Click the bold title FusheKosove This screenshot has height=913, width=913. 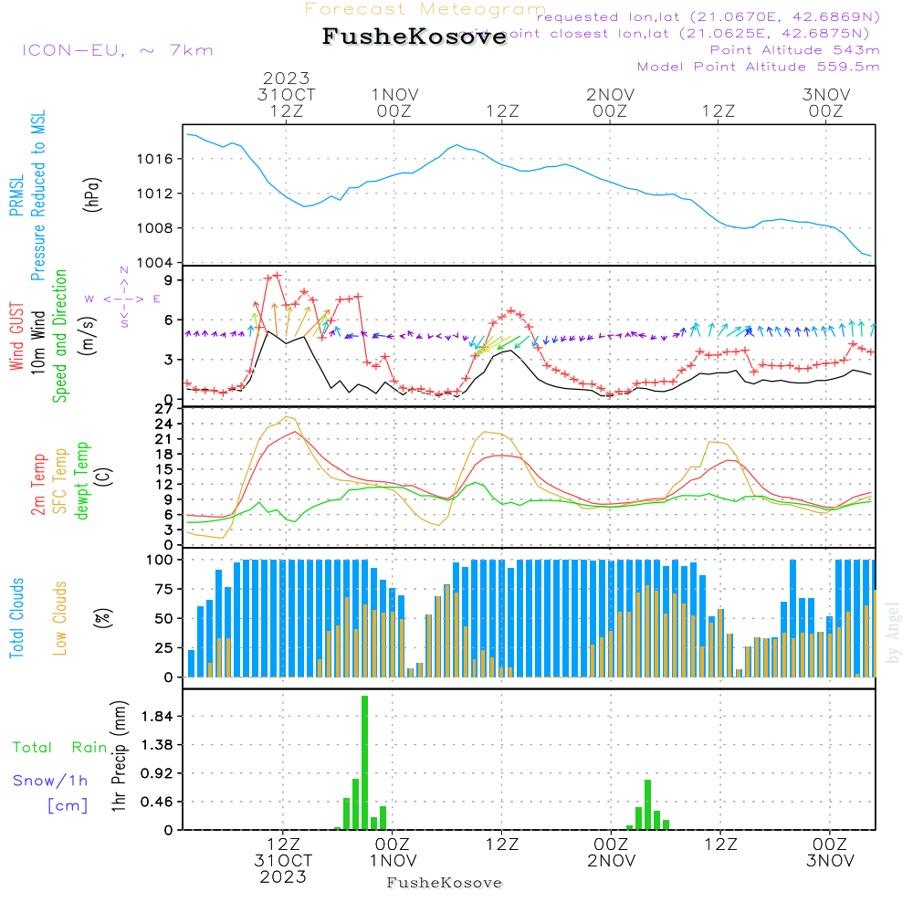413,37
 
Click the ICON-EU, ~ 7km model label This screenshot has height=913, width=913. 117,50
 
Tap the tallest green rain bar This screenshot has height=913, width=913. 364,762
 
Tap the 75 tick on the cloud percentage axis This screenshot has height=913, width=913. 167,589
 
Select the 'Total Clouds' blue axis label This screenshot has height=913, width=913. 17,618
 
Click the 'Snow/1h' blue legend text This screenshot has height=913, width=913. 51,781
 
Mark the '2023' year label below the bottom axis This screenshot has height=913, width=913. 283,877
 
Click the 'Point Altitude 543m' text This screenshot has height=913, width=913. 794,50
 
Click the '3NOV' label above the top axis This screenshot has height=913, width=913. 826,95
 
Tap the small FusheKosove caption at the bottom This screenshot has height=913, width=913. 445,883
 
